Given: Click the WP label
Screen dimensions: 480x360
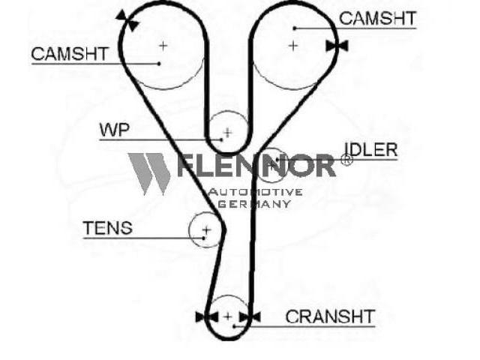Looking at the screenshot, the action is pyautogui.click(x=115, y=130).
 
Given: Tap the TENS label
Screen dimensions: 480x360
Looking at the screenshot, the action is pyautogui.click(x=108, y=228).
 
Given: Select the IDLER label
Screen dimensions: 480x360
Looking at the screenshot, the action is pyautogui.click(x=371, y=150).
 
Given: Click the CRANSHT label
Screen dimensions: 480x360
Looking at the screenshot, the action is pyautogui.click(x=330, y=316).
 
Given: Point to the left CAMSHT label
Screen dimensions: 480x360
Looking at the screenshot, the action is pyautogui.click(x=70, y=54).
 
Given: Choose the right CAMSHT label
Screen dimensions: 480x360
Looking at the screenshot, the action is pyautogui.click(x=378, y=18).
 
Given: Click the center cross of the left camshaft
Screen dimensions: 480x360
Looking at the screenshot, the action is pyautogui.click(x=163, y=46).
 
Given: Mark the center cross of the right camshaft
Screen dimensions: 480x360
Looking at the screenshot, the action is pyautogui.click(x=293, y=46).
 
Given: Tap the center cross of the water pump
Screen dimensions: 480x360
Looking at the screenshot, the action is pyautogui.click(x=228, y=133).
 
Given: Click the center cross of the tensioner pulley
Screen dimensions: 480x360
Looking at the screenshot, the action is pyautogui.click(x=207, y=229).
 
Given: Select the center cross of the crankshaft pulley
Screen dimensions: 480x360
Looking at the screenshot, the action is pyautogui.click(x=228, y=316).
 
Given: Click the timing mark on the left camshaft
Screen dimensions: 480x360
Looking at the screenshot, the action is pyautogui.click(x=127, y=20).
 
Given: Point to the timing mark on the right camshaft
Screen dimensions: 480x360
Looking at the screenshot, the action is pyautogui.click(x=337, y=46).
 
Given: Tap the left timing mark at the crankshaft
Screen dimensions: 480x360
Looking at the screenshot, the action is pyautogui.click(x=207, y=317).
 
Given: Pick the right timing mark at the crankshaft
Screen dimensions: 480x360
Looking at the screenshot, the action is pyautogui.click(x=250, y=317).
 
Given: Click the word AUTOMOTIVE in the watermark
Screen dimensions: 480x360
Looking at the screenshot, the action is pyautogui.click(x=255, y=192).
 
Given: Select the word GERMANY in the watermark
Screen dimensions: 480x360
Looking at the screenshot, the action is pyautogui.click(x=254, y=204).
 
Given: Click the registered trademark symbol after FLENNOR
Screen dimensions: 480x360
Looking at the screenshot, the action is pyautogui.click(x=346, y=160).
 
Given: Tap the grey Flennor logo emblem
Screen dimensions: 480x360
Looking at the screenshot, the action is pyautogui.click(x=149, y=174).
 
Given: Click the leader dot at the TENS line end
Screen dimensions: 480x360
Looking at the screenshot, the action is pyautogui.click(x=203, y=238).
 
